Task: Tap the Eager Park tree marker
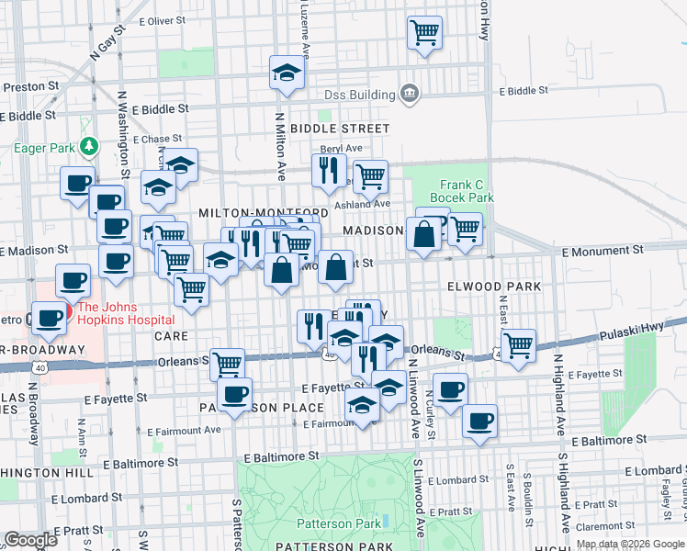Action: point(89,146)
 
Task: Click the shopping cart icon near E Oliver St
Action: point(424,34)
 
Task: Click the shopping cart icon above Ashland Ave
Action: point(369,174)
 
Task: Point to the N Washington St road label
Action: point(121,129)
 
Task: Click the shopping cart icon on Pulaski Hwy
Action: point(519,345)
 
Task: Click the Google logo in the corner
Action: point(30,540)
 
